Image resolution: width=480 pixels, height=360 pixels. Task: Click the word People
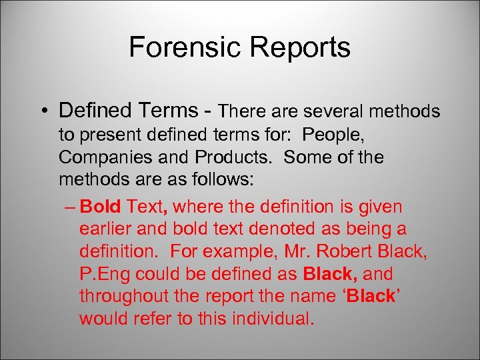333,135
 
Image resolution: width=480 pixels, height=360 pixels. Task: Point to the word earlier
106,229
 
